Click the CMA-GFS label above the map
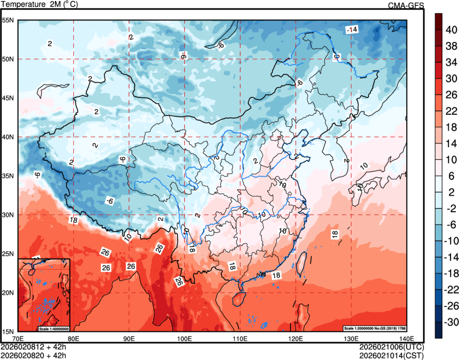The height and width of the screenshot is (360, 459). coord(406,5)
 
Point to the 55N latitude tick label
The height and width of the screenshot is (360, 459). coord(7,20)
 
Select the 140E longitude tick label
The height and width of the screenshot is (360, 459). coord(406,338)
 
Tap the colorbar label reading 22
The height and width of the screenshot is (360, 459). coord(451,111)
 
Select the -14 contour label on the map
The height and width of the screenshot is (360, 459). coord(351,29)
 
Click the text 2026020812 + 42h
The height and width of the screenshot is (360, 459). coord(34,347)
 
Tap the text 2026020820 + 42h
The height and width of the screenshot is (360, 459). coord(34,354)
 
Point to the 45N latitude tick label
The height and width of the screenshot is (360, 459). coord(7,98)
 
